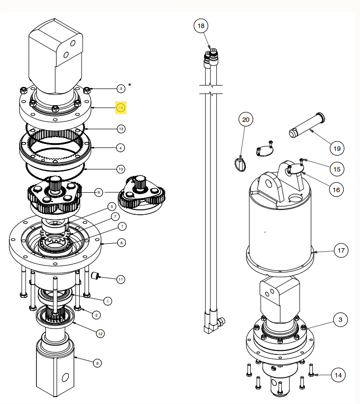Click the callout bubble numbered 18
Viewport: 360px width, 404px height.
tap(201, 26)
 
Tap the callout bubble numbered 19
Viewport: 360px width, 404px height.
tap(337, 147)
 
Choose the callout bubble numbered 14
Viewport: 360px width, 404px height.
tap(337, 375)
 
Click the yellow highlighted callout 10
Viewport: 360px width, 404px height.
tap(121, 107)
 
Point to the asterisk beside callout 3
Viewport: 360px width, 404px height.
tap(130, 85)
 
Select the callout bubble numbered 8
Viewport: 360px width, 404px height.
tap(97, 363)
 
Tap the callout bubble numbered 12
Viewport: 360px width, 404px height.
tap(100, 334)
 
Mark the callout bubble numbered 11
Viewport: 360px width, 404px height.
tap(120, 279)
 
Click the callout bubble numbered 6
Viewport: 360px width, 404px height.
tap(121, 242)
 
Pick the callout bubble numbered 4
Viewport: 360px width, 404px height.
tap(120, 147)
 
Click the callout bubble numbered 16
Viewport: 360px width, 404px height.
tap(337, 189)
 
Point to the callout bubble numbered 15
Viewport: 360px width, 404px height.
tap(337, 169)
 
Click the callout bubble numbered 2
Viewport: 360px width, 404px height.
tap(97, 315)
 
